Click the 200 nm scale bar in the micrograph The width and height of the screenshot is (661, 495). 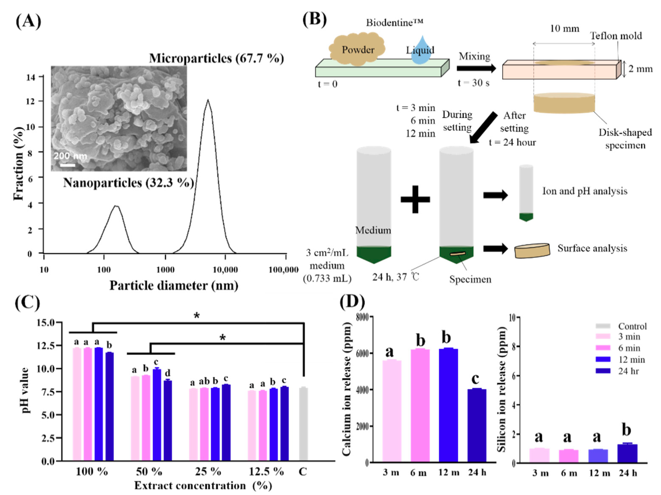click(x=68, y=165)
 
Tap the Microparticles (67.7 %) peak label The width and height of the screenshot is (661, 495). click(x=216, y=58)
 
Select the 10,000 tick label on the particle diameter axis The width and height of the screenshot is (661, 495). click(x=225, y=270)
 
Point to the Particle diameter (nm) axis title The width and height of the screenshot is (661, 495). click(x=174, y=286)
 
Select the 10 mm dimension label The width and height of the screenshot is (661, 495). click(x=565, y=29)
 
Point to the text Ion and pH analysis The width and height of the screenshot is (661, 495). click(x=584, y=191)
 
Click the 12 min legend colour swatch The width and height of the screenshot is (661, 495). click(x=603, y=359)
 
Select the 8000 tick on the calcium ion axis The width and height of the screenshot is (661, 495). click(x=362, y=317)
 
